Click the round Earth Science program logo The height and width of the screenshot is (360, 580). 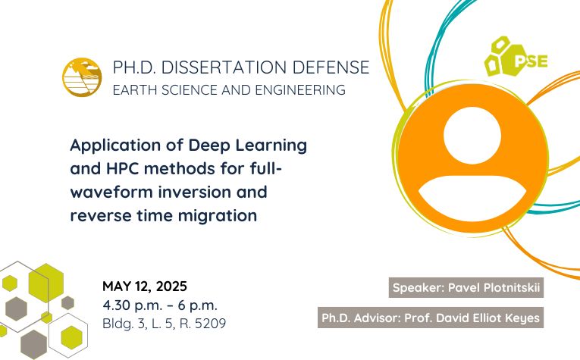tap(82, 77)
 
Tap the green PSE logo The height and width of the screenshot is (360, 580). tap(516, 57)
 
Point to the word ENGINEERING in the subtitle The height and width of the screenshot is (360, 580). tap(300, 90)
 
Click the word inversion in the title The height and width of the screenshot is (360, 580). tap(194, 192)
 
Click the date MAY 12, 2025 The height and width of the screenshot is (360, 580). tap(145, 286)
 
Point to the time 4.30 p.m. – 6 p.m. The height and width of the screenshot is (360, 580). tap(160, 305)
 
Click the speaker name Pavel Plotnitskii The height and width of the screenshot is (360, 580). tap(494, 287)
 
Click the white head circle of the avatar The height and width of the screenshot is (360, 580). tap(472, 135)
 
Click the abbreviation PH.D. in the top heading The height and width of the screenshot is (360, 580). tap(135, 67)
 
